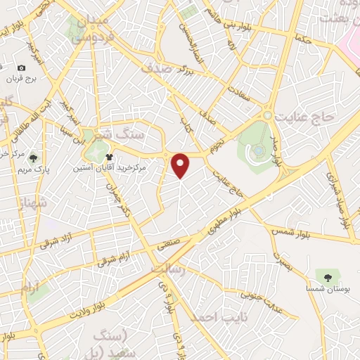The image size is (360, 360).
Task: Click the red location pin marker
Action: click(x=181, y=165)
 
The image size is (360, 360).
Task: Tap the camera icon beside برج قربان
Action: click(x=21, y=68)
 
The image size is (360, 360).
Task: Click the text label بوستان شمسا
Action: click(x=324, y=285)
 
